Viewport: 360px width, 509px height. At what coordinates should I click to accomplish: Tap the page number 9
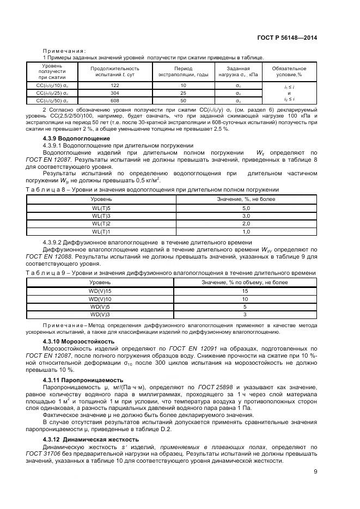[315, 472]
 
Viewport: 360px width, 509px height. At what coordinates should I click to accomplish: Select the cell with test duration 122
[114, 85]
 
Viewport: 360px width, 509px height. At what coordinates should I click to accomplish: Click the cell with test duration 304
[114, 93]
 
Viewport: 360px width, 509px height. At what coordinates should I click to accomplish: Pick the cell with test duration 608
[114, 101]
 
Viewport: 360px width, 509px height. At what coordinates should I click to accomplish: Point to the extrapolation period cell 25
[183, 93]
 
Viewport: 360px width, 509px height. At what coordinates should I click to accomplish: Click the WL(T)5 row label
[101, 208]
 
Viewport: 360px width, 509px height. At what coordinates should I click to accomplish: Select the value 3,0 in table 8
[245, 216]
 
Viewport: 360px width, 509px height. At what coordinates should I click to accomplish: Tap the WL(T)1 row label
[101, 231]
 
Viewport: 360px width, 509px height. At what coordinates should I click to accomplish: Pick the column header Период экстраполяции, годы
[183, 72]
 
